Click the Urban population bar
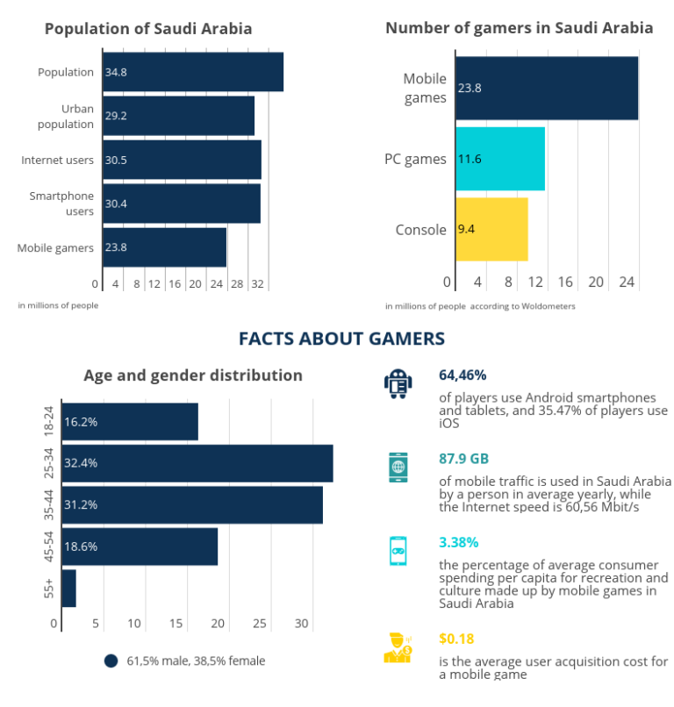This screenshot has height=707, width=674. coord(178,116)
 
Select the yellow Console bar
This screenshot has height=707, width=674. coord(491,230)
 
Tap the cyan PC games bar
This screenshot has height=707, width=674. coord(500,159)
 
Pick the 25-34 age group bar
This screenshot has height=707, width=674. coord(197,463)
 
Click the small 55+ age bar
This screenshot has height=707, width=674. coord(68,588)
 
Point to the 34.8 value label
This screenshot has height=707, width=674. coord(116,72)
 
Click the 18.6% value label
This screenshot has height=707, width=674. coord(81,546)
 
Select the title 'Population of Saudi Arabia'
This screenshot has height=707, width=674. coord(148,29)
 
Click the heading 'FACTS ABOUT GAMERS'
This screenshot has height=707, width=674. coord(341,339)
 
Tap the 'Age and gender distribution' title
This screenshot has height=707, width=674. coord(193,375)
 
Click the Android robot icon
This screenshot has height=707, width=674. coord(398,383)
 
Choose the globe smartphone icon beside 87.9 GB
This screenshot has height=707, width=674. coord(398,467)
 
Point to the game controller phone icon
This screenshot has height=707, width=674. coord(398,551)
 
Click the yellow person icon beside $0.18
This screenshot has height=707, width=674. coord(398,647)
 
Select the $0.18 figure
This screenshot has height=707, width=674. coord(456,639)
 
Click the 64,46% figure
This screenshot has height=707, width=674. coord(463,375)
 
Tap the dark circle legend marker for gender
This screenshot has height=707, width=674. coord(111,661)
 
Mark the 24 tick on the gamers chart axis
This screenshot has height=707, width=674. coord(627,282)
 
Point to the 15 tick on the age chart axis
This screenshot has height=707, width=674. coord(176,624)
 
